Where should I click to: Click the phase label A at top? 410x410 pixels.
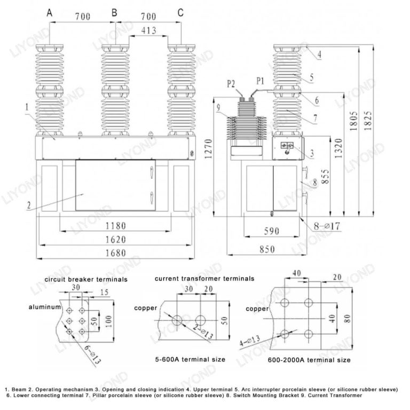50,12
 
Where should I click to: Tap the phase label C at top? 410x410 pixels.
180,12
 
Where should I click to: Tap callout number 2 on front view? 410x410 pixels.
27,203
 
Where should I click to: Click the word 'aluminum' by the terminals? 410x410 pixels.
45,307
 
